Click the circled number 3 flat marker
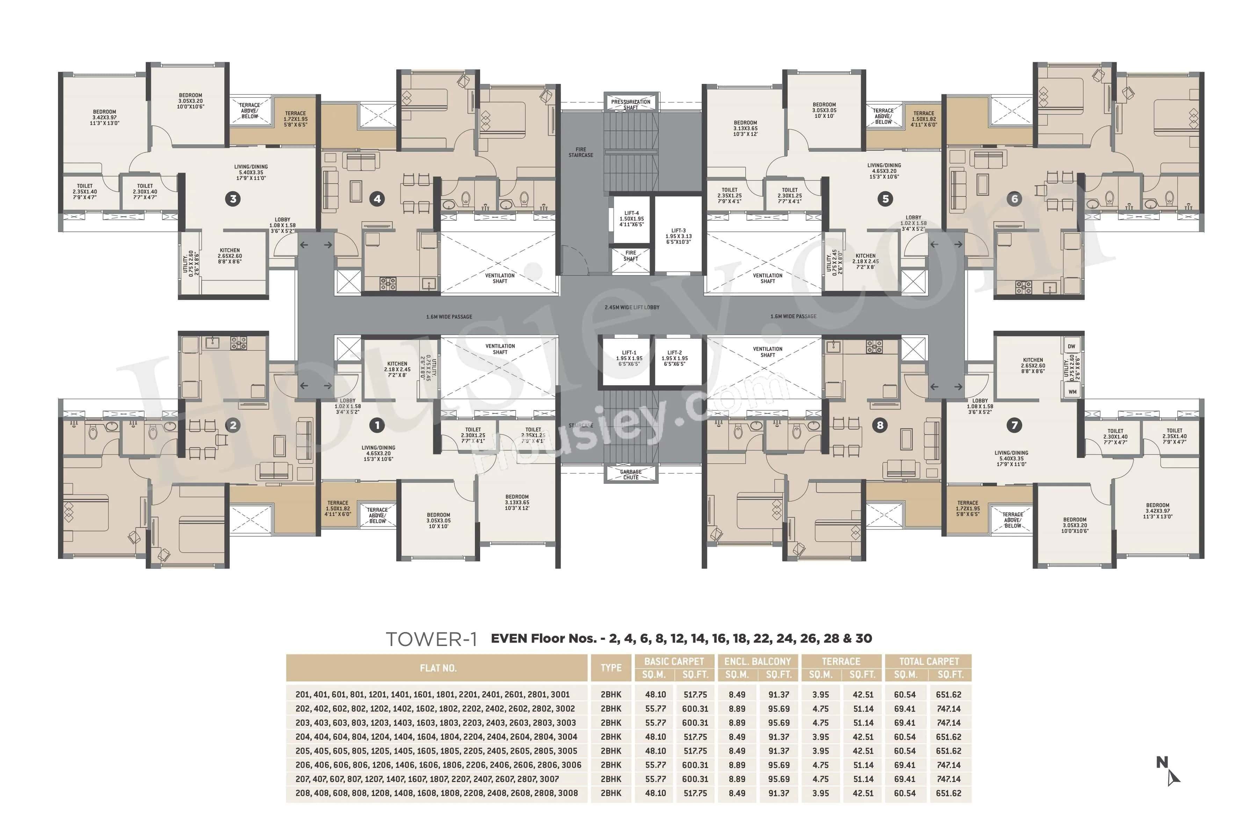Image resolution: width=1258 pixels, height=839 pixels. point(233,199)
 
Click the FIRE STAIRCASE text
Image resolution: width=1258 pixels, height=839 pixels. point(580,152)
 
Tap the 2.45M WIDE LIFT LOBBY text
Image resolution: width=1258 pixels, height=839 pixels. point(632,308)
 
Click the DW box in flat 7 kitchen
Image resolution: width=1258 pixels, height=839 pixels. point(1071,346)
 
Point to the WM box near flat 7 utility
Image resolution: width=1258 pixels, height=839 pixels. point(1072,392)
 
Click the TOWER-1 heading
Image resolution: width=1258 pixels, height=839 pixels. point(431,639)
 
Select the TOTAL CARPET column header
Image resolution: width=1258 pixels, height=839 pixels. point(928,661)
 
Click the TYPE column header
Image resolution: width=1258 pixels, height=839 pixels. point(611,668)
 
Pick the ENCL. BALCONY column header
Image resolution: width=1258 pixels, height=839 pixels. point(757,661)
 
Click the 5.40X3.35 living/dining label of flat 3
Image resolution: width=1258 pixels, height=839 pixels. point(251,172)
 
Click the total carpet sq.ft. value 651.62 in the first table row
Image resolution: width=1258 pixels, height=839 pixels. point(948,695)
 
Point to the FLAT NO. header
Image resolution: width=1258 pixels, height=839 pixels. point(438,668)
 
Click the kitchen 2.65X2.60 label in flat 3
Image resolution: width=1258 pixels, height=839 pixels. point(230,256)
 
